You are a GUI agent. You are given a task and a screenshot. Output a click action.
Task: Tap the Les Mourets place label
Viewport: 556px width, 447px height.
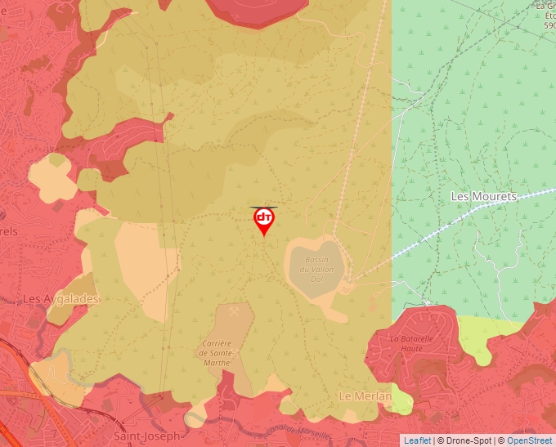click(x=484, y=197)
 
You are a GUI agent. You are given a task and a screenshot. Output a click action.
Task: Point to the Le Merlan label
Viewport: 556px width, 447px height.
click(x=365, y=396)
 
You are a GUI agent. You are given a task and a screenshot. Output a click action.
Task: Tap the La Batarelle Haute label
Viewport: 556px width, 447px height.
click(x=410, y=343)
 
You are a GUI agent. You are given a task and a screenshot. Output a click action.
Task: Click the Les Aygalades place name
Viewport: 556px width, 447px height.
click(x=61, y=299)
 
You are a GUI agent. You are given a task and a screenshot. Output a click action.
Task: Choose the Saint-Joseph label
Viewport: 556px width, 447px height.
click(x=146, y=436)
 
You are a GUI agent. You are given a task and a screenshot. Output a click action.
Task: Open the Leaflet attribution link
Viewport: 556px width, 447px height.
click(x=417, y=440)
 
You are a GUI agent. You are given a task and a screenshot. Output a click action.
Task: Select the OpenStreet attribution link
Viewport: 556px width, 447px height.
click(x=529, y=440)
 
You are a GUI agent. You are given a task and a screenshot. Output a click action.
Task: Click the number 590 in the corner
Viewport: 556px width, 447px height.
click(x=549, y=25)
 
